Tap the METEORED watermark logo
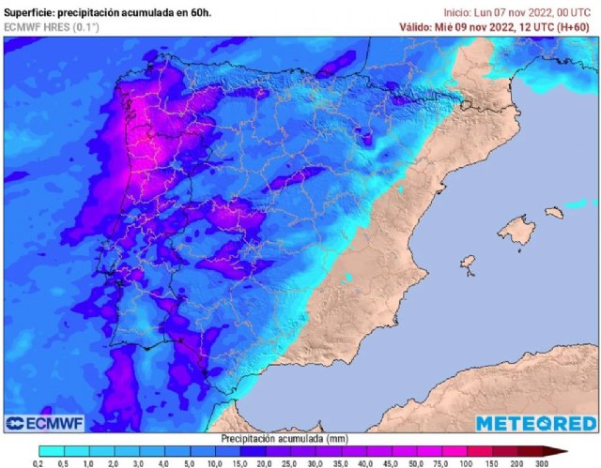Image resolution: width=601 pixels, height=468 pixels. (x=535, y=423)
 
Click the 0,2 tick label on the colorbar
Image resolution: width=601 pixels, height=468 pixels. (x=39, y=462)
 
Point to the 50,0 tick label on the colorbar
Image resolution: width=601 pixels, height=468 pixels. (x=409, y=462)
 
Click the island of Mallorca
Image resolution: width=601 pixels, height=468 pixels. (x=516, y=228)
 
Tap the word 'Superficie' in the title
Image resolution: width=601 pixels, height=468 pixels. (x=28, y=11)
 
